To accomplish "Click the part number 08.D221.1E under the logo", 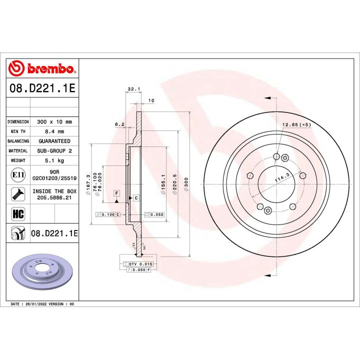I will pyautogui.click(x=42, y=88).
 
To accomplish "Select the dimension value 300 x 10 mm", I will pyautogui.click(x=54, y=121).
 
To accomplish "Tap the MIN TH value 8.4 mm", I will pyautogui.click(x=54, y=131).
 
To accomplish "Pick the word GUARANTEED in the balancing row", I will pyautogui.click(x=54, y=141).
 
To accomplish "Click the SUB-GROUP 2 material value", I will pyautogui.click(x=54, y=151).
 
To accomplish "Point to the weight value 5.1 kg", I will pyautogui.click(x=54, y=161).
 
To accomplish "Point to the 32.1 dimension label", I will pyautogui.click(x=132, y=89).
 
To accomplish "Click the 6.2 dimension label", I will pyautogui.click(x=119, y=123).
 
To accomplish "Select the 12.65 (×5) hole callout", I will pyautogui.click(x=296, y=124).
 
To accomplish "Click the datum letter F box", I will pyautogui.click(x=116, y=193).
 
